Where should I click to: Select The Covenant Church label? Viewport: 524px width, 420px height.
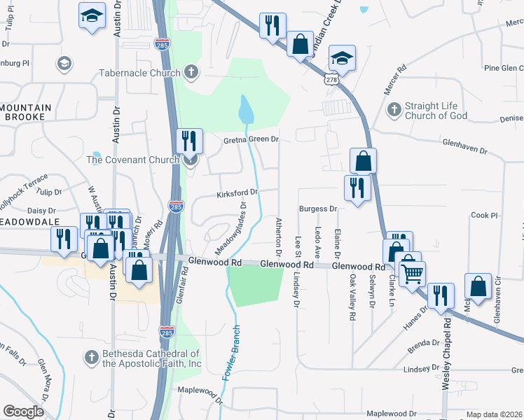tap(132, 160)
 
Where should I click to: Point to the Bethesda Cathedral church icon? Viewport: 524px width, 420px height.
tap(91, 358)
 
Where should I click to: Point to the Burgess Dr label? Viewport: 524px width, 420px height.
tap(318, 209)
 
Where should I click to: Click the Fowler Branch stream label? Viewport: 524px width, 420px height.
tap(233, 353)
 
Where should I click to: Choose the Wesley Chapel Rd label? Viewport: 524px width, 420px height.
tap(446, 353)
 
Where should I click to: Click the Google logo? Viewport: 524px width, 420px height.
tap(23, 412)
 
